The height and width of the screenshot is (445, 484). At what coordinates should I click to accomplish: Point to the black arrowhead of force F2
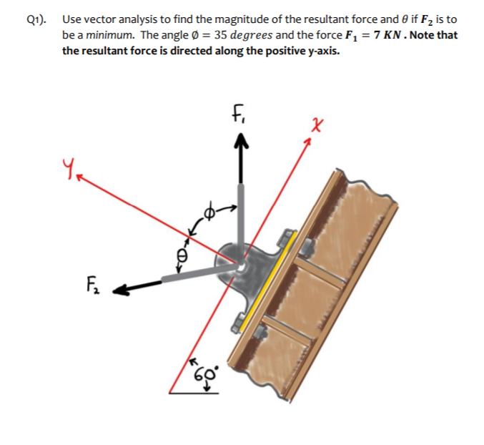pyautogui.click(x=120, y=290)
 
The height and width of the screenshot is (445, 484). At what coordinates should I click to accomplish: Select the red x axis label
pyautogui.click(x=317, y=124)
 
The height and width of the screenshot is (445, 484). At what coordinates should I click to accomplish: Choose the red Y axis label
pyautogui.click(x=68, y=167)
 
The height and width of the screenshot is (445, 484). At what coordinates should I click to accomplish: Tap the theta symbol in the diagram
pyautogui.click(x=182, y=254)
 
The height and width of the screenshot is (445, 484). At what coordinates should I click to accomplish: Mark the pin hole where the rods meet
pyautogui.click(x=240, y=266)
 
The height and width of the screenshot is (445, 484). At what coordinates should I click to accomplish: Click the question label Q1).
pyautogui.click(x=36, y=19)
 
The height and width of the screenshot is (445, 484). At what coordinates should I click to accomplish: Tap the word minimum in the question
pyautogui.click(x=110, y=35)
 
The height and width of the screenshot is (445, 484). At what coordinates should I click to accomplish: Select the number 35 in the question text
pyautogui.click(x=222, y=35)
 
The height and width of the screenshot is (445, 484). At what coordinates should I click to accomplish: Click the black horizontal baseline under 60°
pyautogui.click(x=194, y=393)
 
